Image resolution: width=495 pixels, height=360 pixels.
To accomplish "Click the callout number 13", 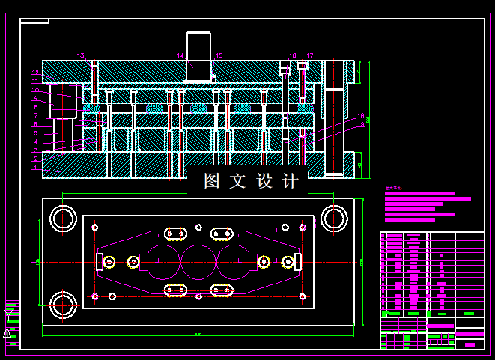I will pyautogui.click(x=81, y=56).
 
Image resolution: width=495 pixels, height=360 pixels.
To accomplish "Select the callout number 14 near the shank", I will pyautogui.click(x=180, y=56).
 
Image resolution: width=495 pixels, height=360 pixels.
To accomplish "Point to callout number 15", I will pyautogui.click(x=219, y=56).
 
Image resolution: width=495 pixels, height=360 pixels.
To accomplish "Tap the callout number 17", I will pyautogui.click(x=309, y=56).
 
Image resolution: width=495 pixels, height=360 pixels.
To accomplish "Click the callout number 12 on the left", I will pyautogui.click(x=35, y=73).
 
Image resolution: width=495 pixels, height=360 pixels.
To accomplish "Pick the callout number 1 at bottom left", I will pyautogui.click(x=35, y=168).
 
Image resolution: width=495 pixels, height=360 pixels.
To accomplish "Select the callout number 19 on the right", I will pyautogui.click(x=360, y=124).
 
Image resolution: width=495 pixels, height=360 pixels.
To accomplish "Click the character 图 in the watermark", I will pyautogui.click(x=212, y=181).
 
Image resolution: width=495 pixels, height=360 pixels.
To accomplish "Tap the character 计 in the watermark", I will pyautogui.click(x=291, y=181).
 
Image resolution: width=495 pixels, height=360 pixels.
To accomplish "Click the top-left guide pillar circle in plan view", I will pyautogui.click(x=62, y=219).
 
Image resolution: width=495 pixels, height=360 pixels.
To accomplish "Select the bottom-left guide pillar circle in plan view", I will pyautogui.click(x=62, y=304).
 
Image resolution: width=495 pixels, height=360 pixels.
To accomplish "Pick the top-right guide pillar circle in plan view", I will pyautogui.click(x=334, y=219).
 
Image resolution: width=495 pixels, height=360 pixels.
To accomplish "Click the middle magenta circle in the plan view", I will pyautogui.click(x=198, y=262).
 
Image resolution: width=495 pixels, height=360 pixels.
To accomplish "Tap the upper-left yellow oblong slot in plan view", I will pyautogui.click(x=176, y=234).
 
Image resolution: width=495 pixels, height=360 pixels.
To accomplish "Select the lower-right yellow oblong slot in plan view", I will pyautogui.click(x=222, y=290).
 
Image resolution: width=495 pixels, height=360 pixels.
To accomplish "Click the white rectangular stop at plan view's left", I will pyautogui.click(x=99, y=261).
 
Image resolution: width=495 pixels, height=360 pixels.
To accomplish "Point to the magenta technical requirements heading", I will pyautogui.click(x=393, y=189).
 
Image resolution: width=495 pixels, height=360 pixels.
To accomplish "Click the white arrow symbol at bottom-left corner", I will pyautogui.click(x=7, y=332).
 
